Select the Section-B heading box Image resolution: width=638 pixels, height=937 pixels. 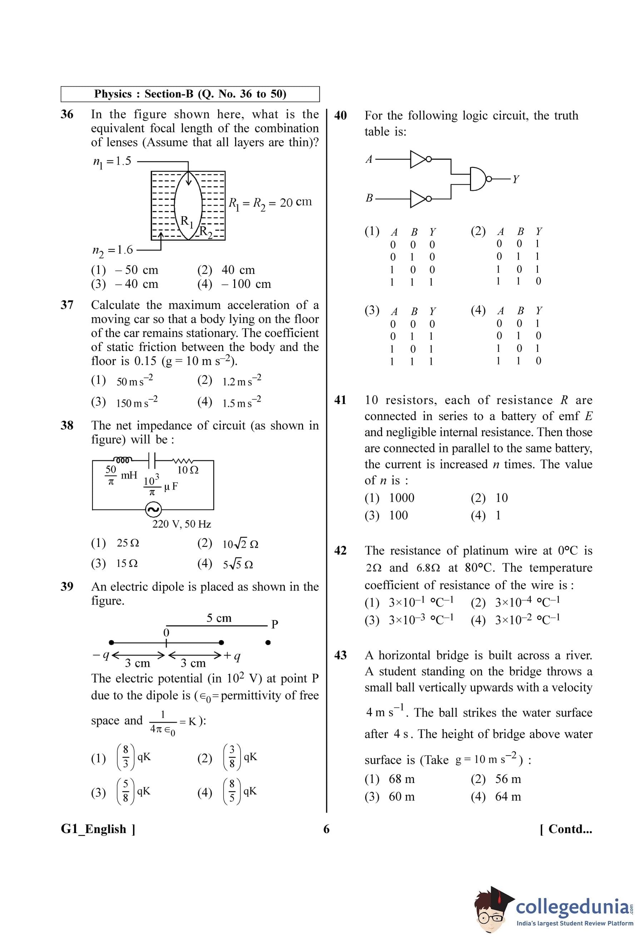click(x=190, y=94)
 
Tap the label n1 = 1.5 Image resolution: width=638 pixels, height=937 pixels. click(x=112, y=161)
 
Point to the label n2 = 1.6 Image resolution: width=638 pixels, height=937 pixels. click(x=113, y=250)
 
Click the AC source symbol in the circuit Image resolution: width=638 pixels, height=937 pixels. click(x=153, y=510)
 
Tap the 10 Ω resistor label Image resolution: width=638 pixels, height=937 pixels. click(x=188, y=470)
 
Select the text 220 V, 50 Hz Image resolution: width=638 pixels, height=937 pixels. click(x=182, y=524)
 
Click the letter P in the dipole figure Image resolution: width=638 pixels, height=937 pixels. click(x=275, y=624)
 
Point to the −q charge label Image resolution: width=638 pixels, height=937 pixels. click(x=101, y=655)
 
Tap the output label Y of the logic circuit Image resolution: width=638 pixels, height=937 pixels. click(x=515, y=179)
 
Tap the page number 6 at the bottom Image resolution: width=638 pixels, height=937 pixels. click(x=326, y=829)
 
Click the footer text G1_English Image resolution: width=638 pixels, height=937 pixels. click(x=98, y=829)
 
